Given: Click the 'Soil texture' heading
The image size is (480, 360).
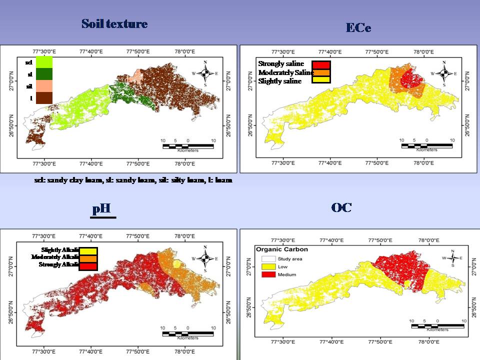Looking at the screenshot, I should pyautogui.click(x=114, y=24).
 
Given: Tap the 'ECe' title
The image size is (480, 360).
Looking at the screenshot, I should pyautogui.click(x=358, y=28).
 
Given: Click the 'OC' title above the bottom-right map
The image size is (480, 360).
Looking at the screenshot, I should pyautogui.click(x=341, y=207).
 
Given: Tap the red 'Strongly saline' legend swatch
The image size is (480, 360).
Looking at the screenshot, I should pyautogui.click(x=321, y=64).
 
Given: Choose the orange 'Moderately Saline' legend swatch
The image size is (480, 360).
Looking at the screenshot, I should pyautogui.click(x=321, y=72).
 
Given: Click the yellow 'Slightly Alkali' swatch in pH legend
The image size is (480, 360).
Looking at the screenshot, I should pyautogui.click(x=87, y=250).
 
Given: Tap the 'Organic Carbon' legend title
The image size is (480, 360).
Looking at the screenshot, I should pyautogui.click(x=281, y=249).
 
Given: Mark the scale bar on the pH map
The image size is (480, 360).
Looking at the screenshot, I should pyautogui.click(x=187, y=333).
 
